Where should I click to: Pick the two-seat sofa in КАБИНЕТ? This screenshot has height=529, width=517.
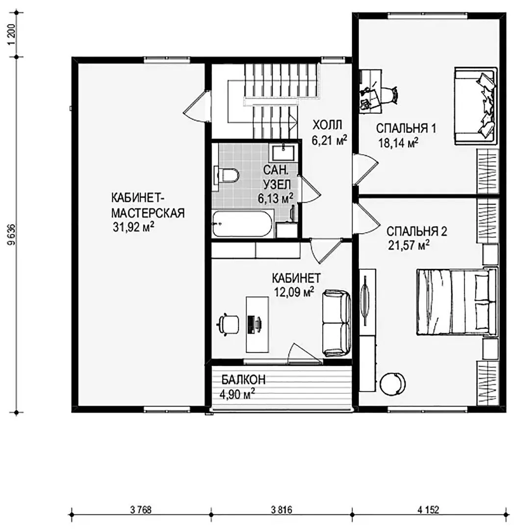tap(336, 323)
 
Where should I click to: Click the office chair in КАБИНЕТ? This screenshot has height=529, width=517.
tap(228, 324)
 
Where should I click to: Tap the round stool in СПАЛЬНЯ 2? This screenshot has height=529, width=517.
tap(392, 384)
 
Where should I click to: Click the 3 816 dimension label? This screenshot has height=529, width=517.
tap(282, 509)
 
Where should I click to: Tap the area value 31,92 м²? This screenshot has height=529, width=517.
tap(133, 227)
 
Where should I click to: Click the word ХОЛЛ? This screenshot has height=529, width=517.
tap(327, 124)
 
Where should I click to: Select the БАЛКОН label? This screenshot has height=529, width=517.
tap(243, 380)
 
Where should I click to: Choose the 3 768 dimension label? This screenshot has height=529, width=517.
tap(141, 509)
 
